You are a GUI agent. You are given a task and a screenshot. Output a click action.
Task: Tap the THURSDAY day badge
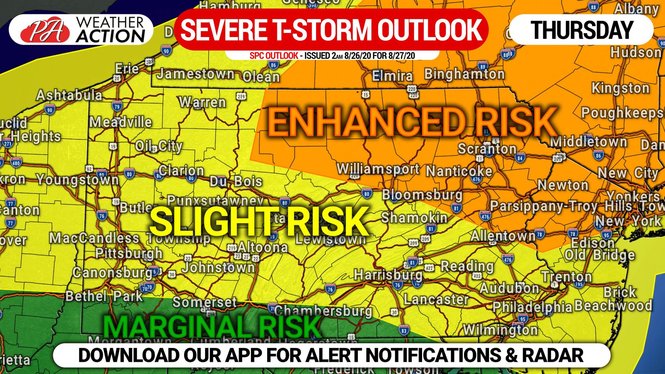pyautogui.click(x=582, y=30)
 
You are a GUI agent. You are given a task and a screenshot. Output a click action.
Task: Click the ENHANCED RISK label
pyautogui.click(x=412, y=123)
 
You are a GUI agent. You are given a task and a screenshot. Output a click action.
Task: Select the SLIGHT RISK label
pyautogui.click(x=258, y=222)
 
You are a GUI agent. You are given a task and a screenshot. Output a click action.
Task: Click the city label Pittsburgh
pyautogui.click(x=129, y=253)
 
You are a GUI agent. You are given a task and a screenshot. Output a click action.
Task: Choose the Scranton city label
pyautogui.click(x=487, y=149)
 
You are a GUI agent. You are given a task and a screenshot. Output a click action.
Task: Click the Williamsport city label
pyautogui.click(x=378, y=169)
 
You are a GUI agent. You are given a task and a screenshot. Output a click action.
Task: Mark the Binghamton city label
pyautogui.click(x=464, y=74)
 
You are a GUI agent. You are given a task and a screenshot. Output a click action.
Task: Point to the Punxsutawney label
pyautogui.click(x=215, y=200)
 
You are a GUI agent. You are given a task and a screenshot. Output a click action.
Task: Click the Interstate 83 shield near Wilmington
pyautogui.click(x=404, y=330)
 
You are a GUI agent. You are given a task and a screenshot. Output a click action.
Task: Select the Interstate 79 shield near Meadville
pyautogui.click(x=117, y=106)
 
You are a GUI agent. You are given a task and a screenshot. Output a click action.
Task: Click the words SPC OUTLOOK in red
pyautogui.click(x=273, y=56)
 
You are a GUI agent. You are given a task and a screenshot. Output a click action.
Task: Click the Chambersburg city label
pyautogui.click(x=323, y=311)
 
